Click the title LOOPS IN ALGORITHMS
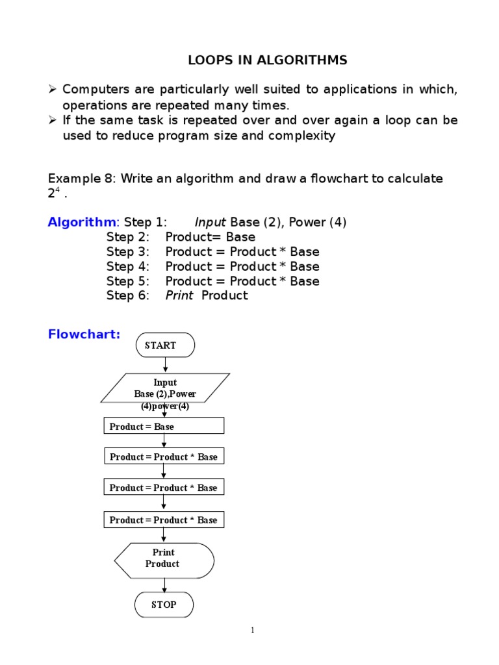click(x=268, y=60)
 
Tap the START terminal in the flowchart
click(x=165, y=345)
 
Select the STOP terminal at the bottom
click(x=164, y=605)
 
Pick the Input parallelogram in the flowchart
click(x=165, y=388)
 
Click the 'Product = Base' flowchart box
click(x=164, y=426)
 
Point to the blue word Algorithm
click(x=81, y=222)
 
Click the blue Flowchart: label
click(x=84, y=334)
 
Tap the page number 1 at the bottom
click(x=252, y=630)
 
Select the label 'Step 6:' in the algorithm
click(x=128, y=295)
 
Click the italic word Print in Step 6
click(x=179, y=295)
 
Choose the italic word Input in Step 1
click(x=211, y=222)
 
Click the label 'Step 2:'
click(x=128, y=237)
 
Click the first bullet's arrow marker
click(x=53, y=90)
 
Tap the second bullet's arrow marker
click(x=53, y=120)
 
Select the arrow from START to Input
click(x=165, y=365)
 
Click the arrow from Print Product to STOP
click(x=164, y=585)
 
